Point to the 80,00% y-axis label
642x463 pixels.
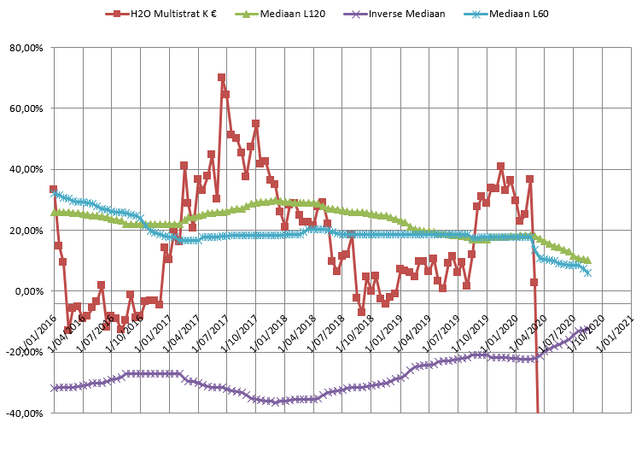26,48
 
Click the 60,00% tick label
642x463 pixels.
26,108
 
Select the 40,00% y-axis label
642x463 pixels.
26,169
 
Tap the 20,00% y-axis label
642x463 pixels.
26,231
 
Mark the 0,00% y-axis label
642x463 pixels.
29,291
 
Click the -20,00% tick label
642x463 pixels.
25,352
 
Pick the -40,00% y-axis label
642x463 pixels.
25,413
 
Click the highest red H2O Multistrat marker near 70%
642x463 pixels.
221,78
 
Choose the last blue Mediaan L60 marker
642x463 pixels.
587,273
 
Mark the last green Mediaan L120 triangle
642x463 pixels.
587,260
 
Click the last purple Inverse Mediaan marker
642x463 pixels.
587,329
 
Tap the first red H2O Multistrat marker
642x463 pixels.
53,189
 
